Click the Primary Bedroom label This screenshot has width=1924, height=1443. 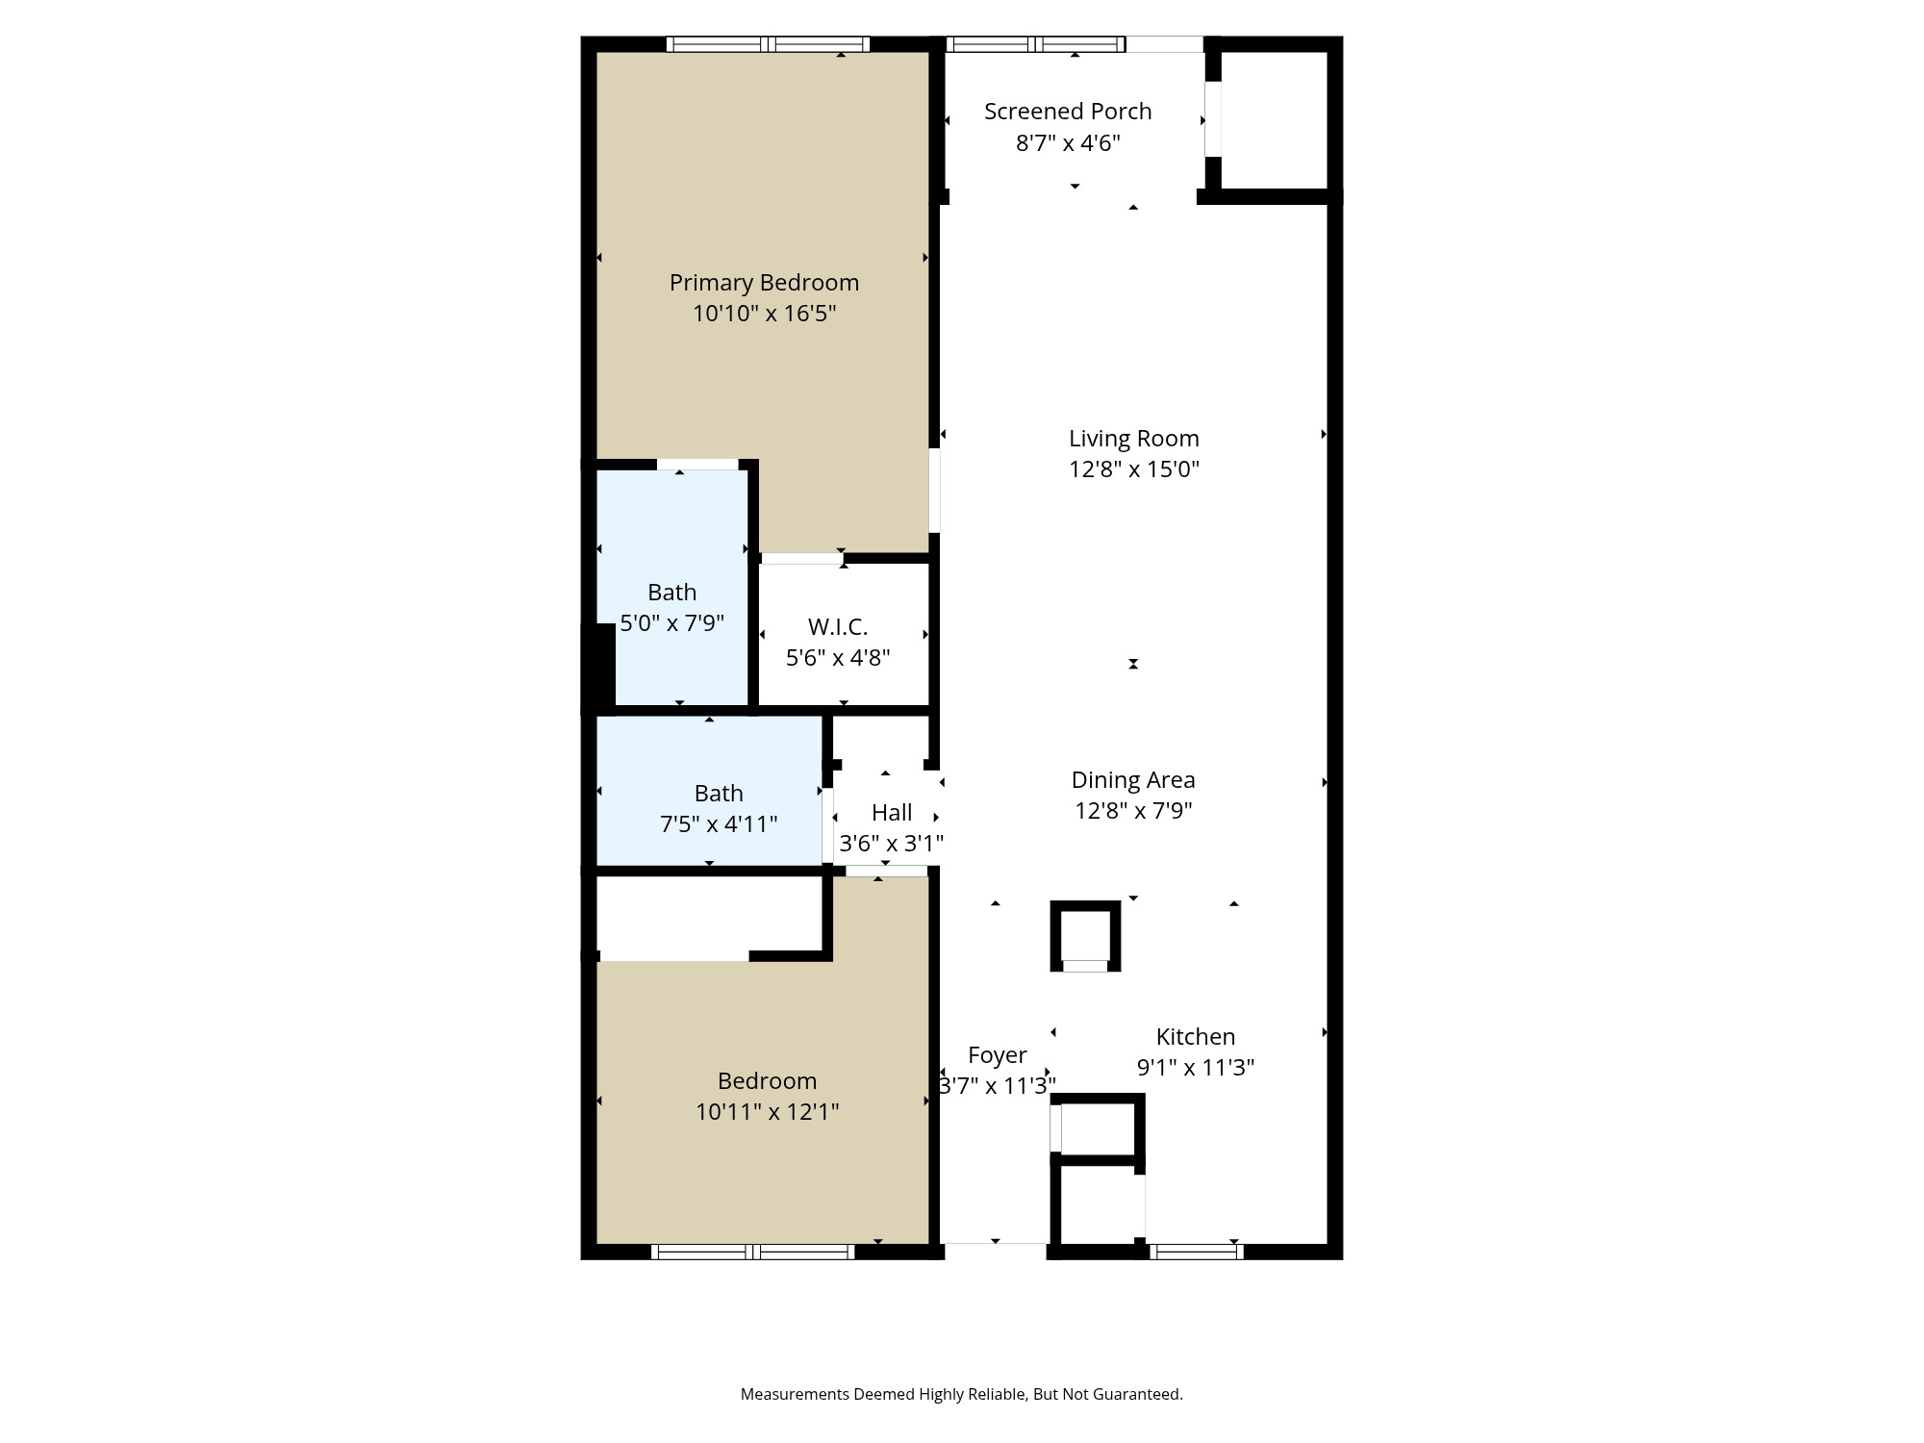coord(764,282)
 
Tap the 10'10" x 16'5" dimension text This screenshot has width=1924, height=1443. coord(764,313)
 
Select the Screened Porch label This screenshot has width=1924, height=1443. coord(1068,111)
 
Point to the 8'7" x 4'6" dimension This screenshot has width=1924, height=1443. coord(1068,142)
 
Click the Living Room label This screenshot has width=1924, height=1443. coord(1133,438)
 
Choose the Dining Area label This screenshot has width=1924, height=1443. coord(1133,779)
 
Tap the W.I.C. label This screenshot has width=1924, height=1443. coord(838,626)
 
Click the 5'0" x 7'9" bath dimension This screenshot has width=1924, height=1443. coord(671,622)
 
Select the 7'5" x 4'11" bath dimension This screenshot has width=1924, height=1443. coord(719,823)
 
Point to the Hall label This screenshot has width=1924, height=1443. coord(892,812)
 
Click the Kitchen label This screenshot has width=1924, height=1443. coord(1195,1036)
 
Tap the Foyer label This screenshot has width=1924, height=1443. coord(997,1054)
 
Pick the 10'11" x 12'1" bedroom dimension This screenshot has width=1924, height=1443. coord(767,1111)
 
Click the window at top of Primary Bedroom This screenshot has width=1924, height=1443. coord(768,44)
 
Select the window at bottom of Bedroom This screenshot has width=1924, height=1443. coord(752,1252)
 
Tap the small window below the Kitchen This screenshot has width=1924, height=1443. coord(1196,1252)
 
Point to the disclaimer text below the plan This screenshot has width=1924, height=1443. coord(961,1394)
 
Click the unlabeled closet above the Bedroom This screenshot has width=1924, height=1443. coord(709,916)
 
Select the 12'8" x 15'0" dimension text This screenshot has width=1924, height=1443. coord(1133,468)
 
